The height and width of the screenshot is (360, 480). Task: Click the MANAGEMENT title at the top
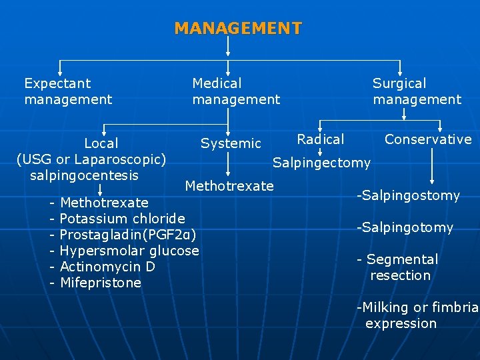238,29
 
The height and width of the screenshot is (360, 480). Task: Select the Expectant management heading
67,91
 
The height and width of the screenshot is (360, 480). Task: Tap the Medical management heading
236,91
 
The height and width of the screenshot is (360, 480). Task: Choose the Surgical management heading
417,91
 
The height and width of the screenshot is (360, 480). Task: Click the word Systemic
231,143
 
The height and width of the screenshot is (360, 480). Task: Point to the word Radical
321,139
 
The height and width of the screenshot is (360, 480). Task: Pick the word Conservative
428,139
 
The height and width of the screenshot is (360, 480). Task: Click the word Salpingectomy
321,163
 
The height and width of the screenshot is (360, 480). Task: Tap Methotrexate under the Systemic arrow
229,186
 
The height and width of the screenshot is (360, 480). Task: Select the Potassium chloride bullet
122,219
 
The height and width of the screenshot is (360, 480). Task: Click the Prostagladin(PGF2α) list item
127,235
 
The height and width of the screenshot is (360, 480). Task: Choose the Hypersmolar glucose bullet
129,251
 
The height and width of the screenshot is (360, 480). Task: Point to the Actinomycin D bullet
107,267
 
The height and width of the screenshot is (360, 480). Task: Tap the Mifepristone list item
100,283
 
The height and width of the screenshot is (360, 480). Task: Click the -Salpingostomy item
408,195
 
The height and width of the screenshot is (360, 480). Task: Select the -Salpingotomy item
405,227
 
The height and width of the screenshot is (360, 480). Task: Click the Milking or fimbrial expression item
417,315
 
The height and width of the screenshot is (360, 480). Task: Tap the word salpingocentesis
84,175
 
